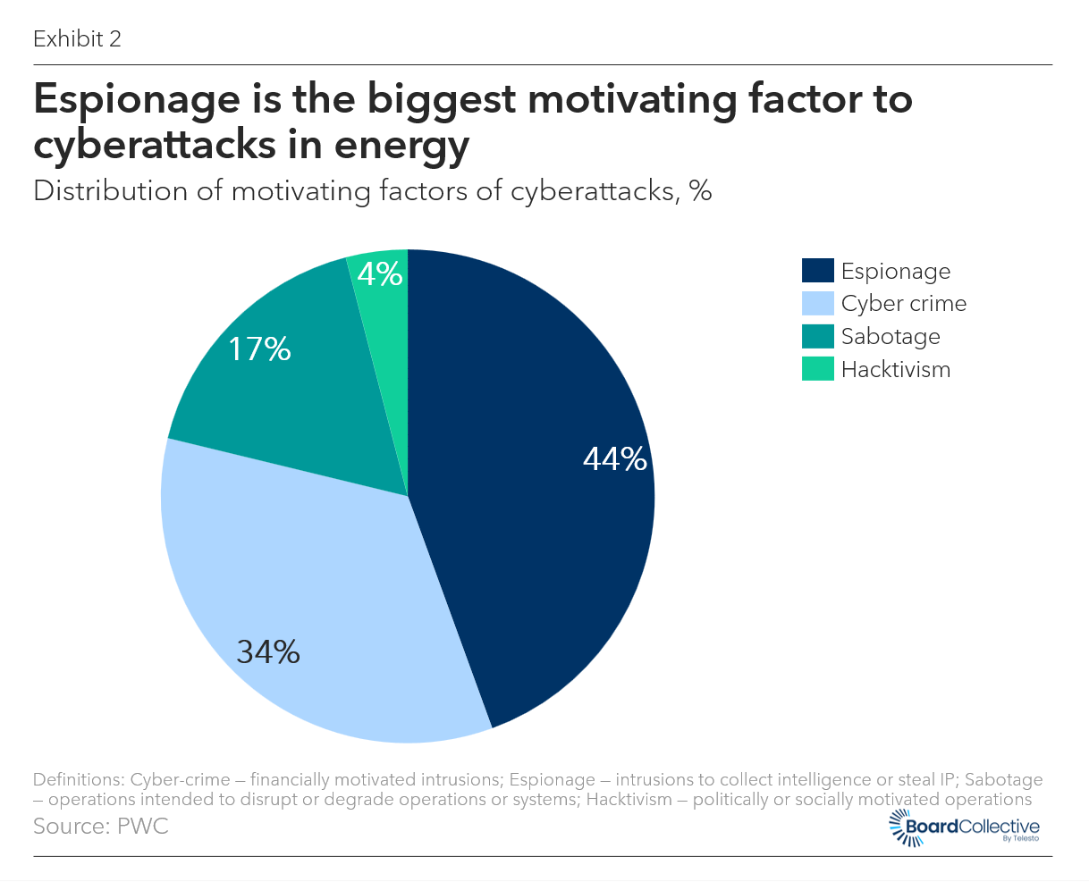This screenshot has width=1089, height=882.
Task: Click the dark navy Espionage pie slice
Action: [x=536, y=536]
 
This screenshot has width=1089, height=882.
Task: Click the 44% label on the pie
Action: [x=614, y=459]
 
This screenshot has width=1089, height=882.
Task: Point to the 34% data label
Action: [x=268, y=652]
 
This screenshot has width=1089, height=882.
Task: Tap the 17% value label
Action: [x=259, y=349]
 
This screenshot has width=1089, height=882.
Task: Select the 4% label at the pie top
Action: [x=380, y=274]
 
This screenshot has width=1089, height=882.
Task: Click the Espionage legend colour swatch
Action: [x=817, y=271]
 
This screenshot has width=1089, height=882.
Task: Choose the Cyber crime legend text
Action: [x=903, y=304]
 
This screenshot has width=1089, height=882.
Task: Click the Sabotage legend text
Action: [x=891, y=337]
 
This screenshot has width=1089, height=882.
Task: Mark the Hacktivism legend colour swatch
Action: [x=817, y=369]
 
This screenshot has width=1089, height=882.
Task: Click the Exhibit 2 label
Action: [x=77, y=39]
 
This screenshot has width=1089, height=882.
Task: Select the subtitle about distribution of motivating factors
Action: [x=372, y=191]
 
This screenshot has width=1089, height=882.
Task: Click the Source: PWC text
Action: [x=100, y=826]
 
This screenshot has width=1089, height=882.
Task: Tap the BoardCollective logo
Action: [x=966, y=828]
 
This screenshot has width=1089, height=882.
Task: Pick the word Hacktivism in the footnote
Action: [x=629, y=800]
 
